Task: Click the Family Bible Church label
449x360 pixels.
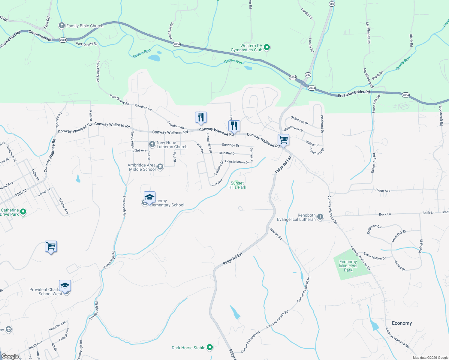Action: click(85, 26)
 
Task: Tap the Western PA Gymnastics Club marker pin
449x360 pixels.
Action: click(267, 47)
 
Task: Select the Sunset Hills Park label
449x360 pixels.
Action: click(237, 185)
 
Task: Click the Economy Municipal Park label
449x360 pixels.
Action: click(348, 266)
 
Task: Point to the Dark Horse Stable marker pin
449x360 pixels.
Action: click(210, 347)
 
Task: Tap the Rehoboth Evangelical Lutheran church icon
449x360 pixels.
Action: click(320, 217)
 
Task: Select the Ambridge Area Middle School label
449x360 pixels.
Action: click(142, 167)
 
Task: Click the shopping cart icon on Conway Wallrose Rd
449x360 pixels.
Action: click(283, 140)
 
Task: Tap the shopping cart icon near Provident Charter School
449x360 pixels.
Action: click(51, 247)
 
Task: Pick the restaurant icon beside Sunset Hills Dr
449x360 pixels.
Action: click(201, 117)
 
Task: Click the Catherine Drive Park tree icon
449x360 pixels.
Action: click(23, 212)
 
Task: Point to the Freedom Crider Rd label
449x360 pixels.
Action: click(354, 94)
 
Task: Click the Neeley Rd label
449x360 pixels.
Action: click(276, 234)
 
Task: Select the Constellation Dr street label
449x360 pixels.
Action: click(237, 162)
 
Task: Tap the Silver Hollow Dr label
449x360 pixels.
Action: click(375, 256)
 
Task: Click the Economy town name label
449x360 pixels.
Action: click(402, 323)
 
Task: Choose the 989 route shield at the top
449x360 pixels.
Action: click(332, 4)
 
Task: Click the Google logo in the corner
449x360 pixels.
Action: click(10, 356)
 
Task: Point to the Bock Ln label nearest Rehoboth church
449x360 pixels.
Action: click(385, 214)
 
